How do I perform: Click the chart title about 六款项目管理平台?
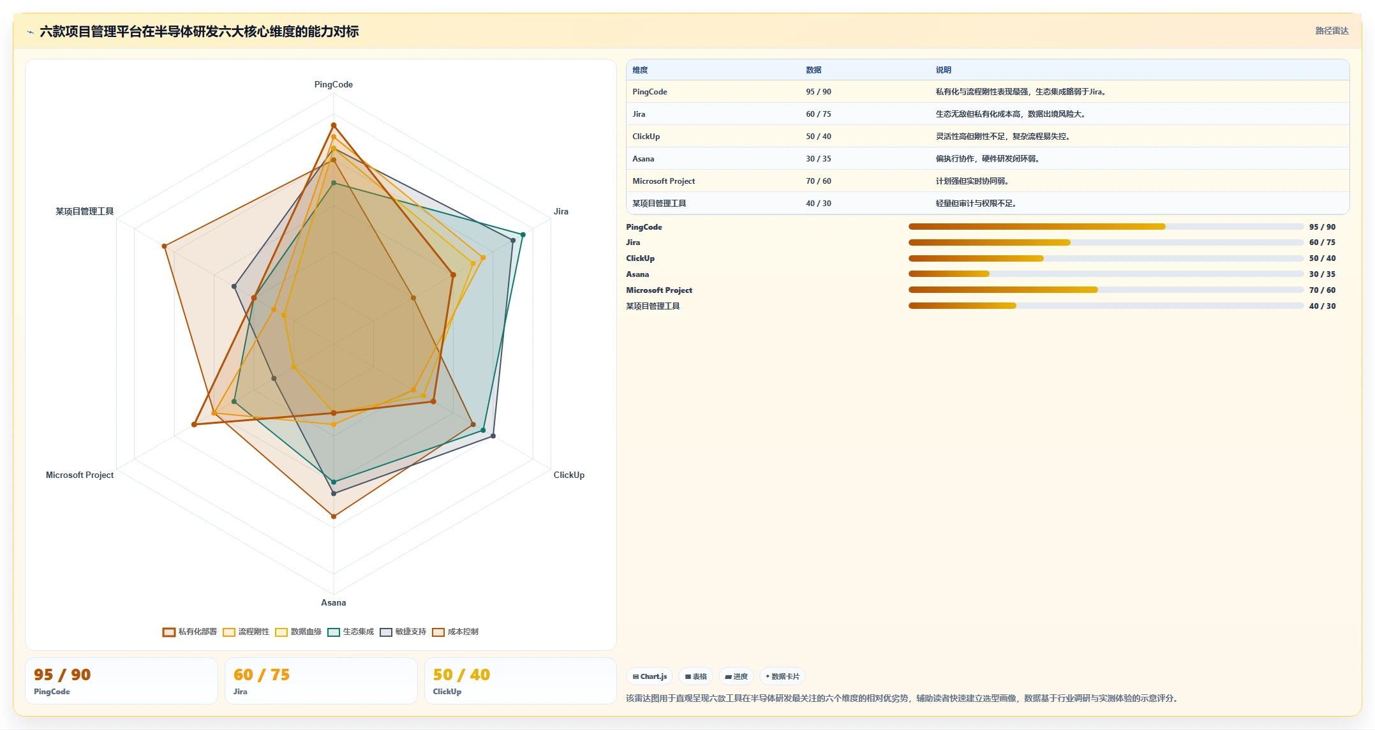pos(199,31)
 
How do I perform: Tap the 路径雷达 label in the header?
pos(1332,31)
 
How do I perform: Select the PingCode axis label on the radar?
pos(333,84)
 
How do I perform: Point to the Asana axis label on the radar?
pos(333,602)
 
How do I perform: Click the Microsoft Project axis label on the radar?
pos(80,475)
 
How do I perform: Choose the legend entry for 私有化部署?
pos(190,632)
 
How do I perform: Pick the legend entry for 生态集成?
pos(351,632)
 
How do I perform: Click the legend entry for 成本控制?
pos(456,632)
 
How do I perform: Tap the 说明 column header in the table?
pos(943,70)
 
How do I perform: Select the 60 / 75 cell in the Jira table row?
pos(818,114)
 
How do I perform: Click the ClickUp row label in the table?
pos(646,137)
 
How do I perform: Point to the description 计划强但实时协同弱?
pos(972,181)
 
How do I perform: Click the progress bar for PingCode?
pos(1106,227)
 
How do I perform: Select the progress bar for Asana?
pos(1106,274)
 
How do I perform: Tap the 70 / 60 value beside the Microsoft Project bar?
pos(1322,290)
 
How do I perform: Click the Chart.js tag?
pos(650,676)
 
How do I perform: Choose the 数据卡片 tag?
pos(782,676)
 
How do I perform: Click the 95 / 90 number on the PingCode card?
pos(62,674)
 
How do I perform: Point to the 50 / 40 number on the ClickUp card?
pos(461,674)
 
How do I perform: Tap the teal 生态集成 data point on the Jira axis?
pos(523,235)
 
